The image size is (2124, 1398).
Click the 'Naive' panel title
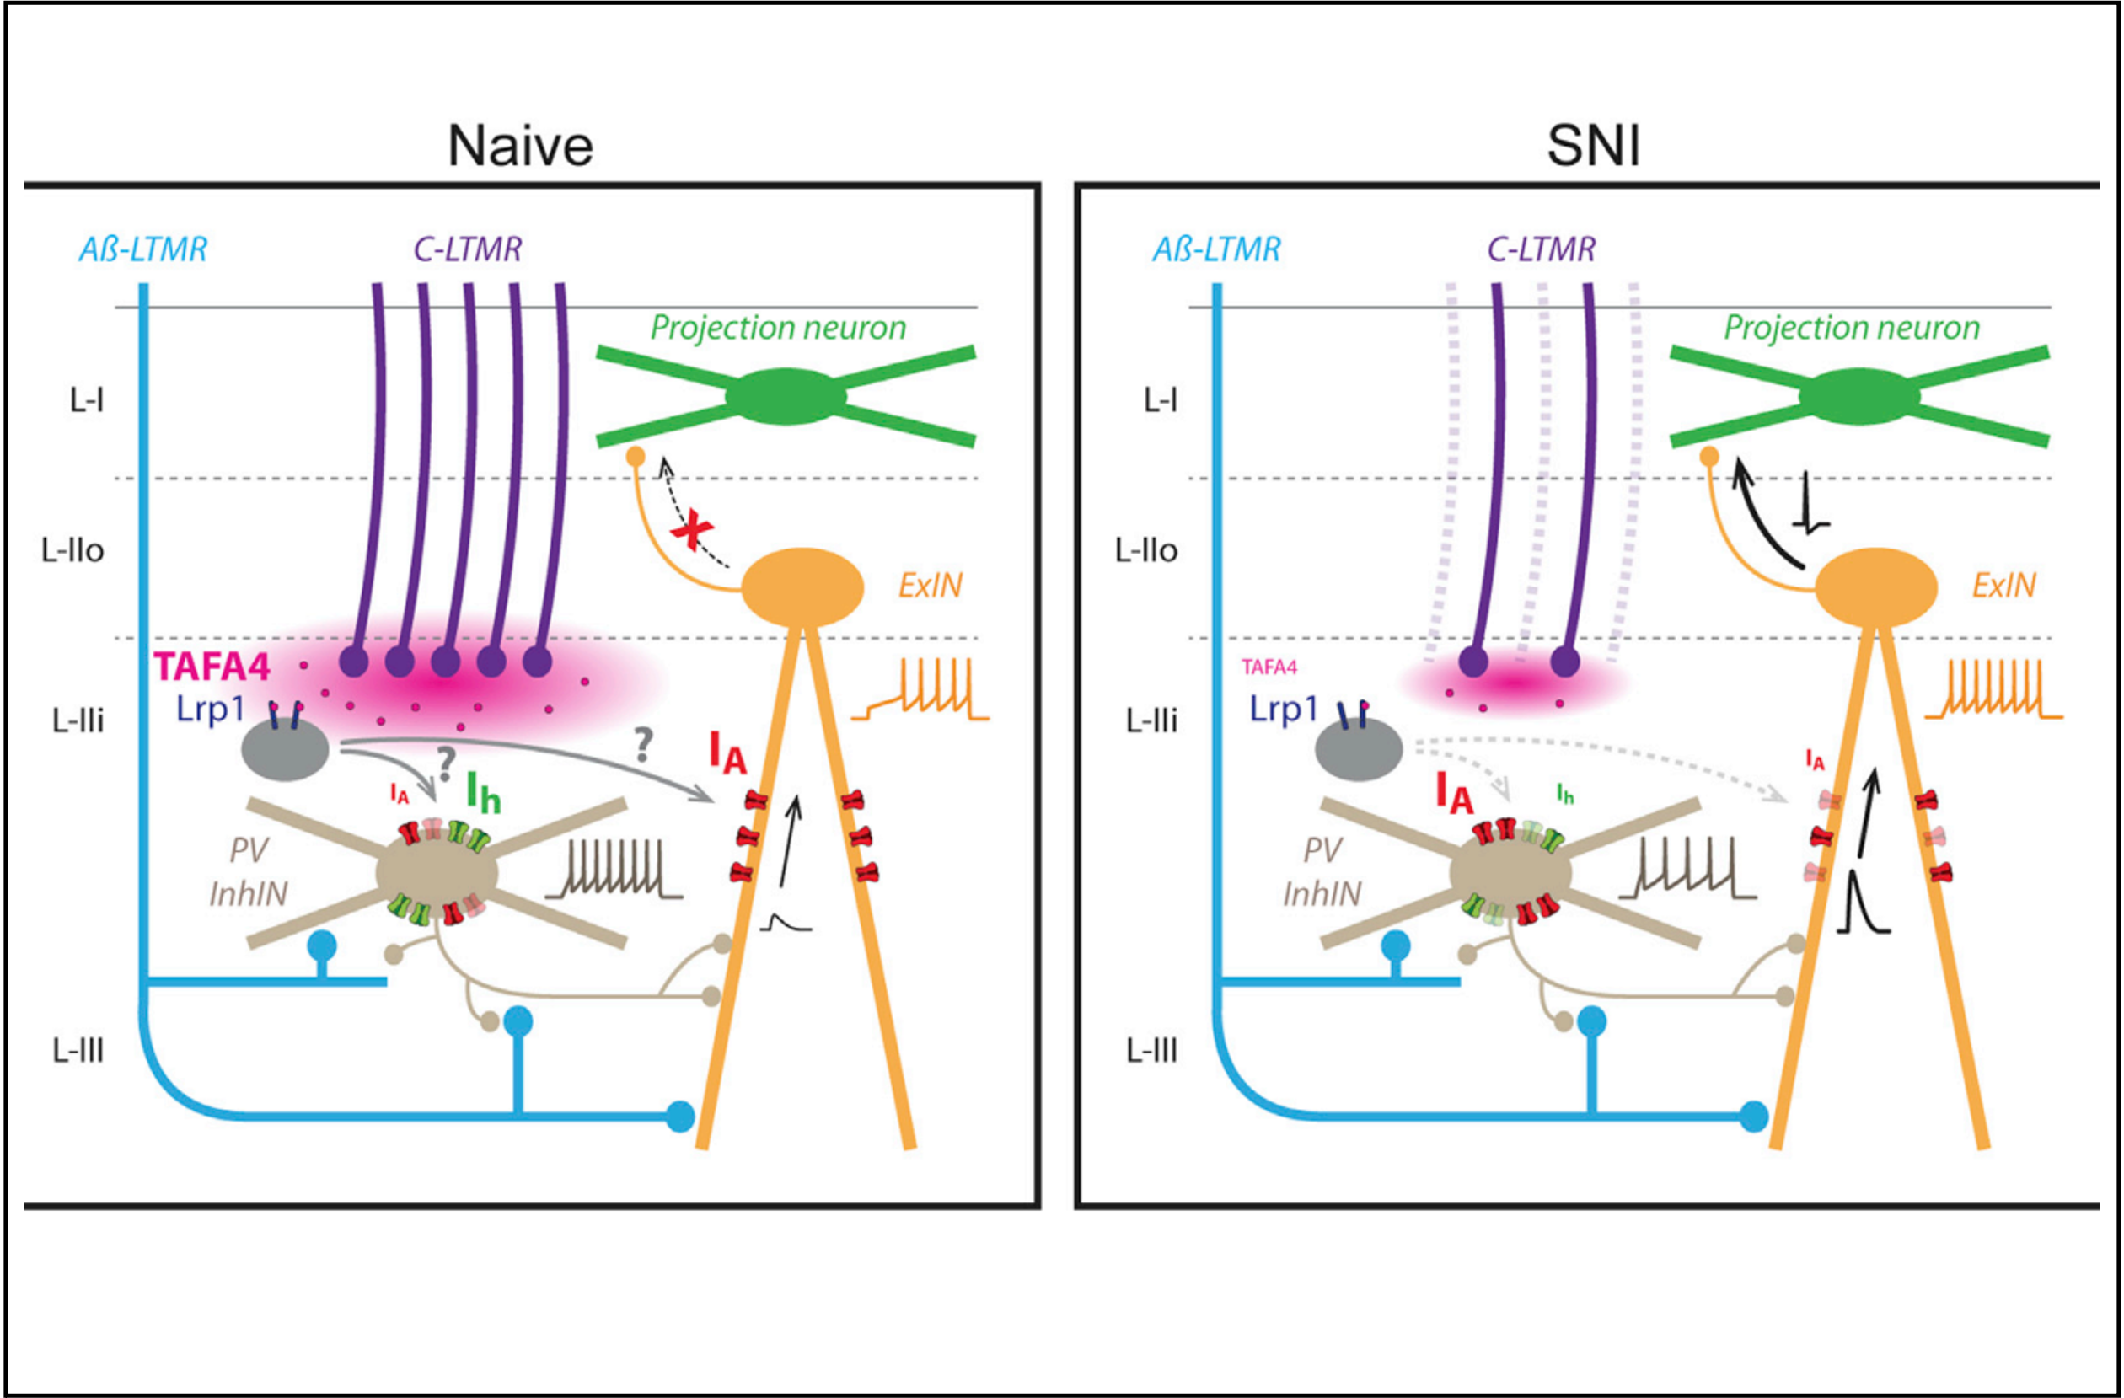click(520, 146)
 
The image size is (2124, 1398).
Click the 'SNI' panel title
click(1593, 146)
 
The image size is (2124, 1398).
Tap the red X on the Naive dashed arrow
click(692, 533)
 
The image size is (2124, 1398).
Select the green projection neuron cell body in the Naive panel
click(786, 396)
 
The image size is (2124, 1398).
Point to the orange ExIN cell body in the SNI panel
click(1877, 587)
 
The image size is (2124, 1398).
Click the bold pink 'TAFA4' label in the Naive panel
click(212, 667)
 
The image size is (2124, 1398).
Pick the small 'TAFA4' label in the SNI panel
click(1269, 667)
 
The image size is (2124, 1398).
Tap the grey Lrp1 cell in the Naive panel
click(286, 749)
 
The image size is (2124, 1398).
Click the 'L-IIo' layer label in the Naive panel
click(72, 550)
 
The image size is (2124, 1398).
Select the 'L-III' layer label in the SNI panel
click(1152, 1051)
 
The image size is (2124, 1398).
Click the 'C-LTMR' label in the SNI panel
click(1542, 249)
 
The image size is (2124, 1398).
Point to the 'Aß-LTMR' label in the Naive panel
click(142, 249)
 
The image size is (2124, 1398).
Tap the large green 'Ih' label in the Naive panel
click(483, 792)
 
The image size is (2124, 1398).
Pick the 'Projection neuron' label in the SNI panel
click(1852, 328)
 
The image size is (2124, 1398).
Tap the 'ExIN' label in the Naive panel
click(930, 586)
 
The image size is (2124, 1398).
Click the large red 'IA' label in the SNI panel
click(1454, 792)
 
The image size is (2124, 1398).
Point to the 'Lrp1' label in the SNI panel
click(1284, 710)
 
